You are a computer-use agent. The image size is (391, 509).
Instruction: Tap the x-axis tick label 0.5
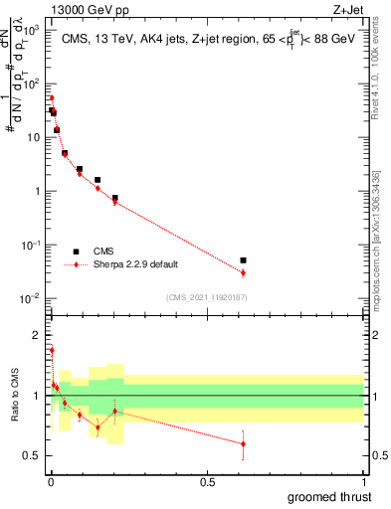coord(207,482)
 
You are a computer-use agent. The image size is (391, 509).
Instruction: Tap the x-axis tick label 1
coord(363,482)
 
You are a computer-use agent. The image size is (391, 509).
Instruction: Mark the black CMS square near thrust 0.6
coord(243,259)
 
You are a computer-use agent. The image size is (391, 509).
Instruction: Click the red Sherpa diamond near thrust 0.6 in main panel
coord(243,272)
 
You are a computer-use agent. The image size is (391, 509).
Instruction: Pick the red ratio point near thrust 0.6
coord(243,443)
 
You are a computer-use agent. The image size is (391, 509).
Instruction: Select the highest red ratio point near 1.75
coord(51,350)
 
